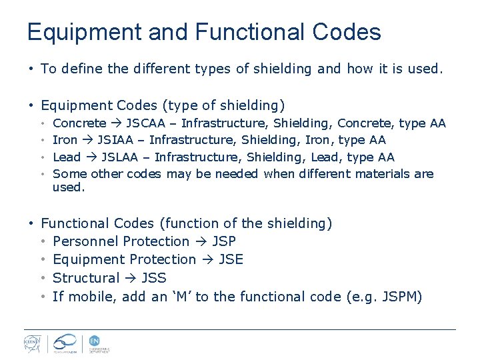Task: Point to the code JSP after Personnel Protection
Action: pyautogui.click(x=224, y=241)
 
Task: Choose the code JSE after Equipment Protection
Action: pyautogui.click(x=231, y=259)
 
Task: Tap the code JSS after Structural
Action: pyautogui.click(x=154, y=278)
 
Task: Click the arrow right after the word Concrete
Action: pyautogui.click(x=116, y=123)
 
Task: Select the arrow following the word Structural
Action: pyautogui.click(x=131, y=278)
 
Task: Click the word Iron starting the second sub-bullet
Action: pyautogui.click(x=65, y=140)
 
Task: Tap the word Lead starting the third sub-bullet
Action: pyautogui.click(x=66, y=157)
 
